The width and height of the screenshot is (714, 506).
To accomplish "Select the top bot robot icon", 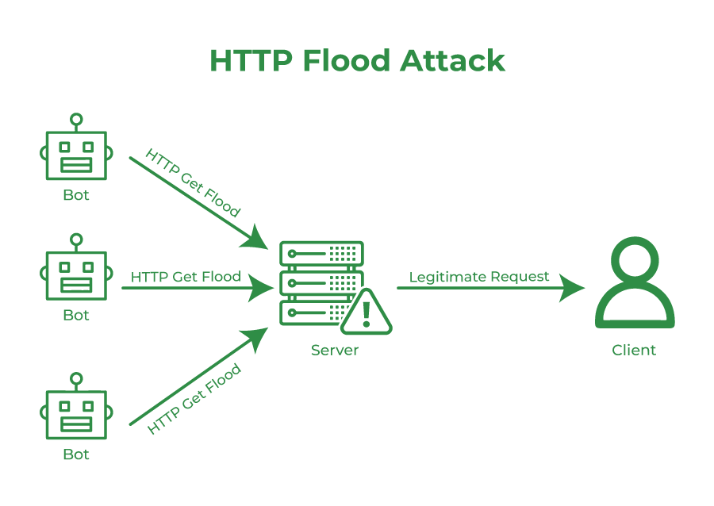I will coord(76,155).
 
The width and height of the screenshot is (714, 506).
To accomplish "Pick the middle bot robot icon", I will coord(76,274).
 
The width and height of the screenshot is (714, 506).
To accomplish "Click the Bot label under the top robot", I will coord(76,195).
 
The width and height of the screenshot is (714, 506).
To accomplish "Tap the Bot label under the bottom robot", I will coord(76,454).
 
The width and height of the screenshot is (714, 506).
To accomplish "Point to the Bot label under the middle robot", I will coord(76,315).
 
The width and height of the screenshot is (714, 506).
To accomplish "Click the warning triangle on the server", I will coord(366,314).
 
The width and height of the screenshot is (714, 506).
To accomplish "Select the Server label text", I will coord(335,350).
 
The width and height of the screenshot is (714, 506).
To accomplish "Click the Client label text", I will coord(634,350).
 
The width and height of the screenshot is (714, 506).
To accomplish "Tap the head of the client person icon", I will coord(635,260).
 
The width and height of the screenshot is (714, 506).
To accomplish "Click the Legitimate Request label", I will coord(479,277).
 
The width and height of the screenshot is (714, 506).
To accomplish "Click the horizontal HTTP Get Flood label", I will coord(186,277).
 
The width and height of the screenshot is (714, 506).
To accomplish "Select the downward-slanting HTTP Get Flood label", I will coord(193,182).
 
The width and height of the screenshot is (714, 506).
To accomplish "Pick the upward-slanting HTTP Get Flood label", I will coord(194,399).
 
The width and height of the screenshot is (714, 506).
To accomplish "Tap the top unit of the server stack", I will coord(321,253).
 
